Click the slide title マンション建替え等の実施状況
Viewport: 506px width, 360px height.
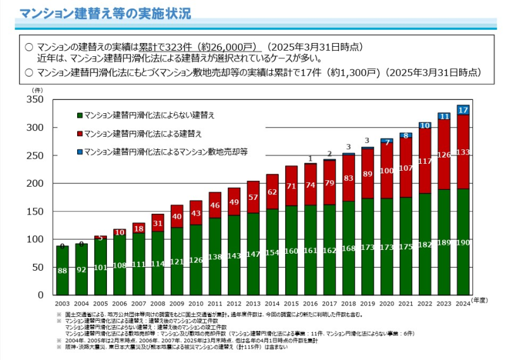tap(104, 13)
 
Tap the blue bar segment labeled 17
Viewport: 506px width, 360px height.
tap(462, 110)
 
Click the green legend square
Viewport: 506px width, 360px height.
tap(80, 116)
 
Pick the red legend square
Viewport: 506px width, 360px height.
tap(80, 134)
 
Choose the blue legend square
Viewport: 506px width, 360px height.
tap(80, 152)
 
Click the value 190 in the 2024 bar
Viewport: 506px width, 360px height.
tap(462, 278)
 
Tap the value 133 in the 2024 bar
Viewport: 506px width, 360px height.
tap(462, 152)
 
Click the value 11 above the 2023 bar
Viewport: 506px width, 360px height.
tap(443, 116)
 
